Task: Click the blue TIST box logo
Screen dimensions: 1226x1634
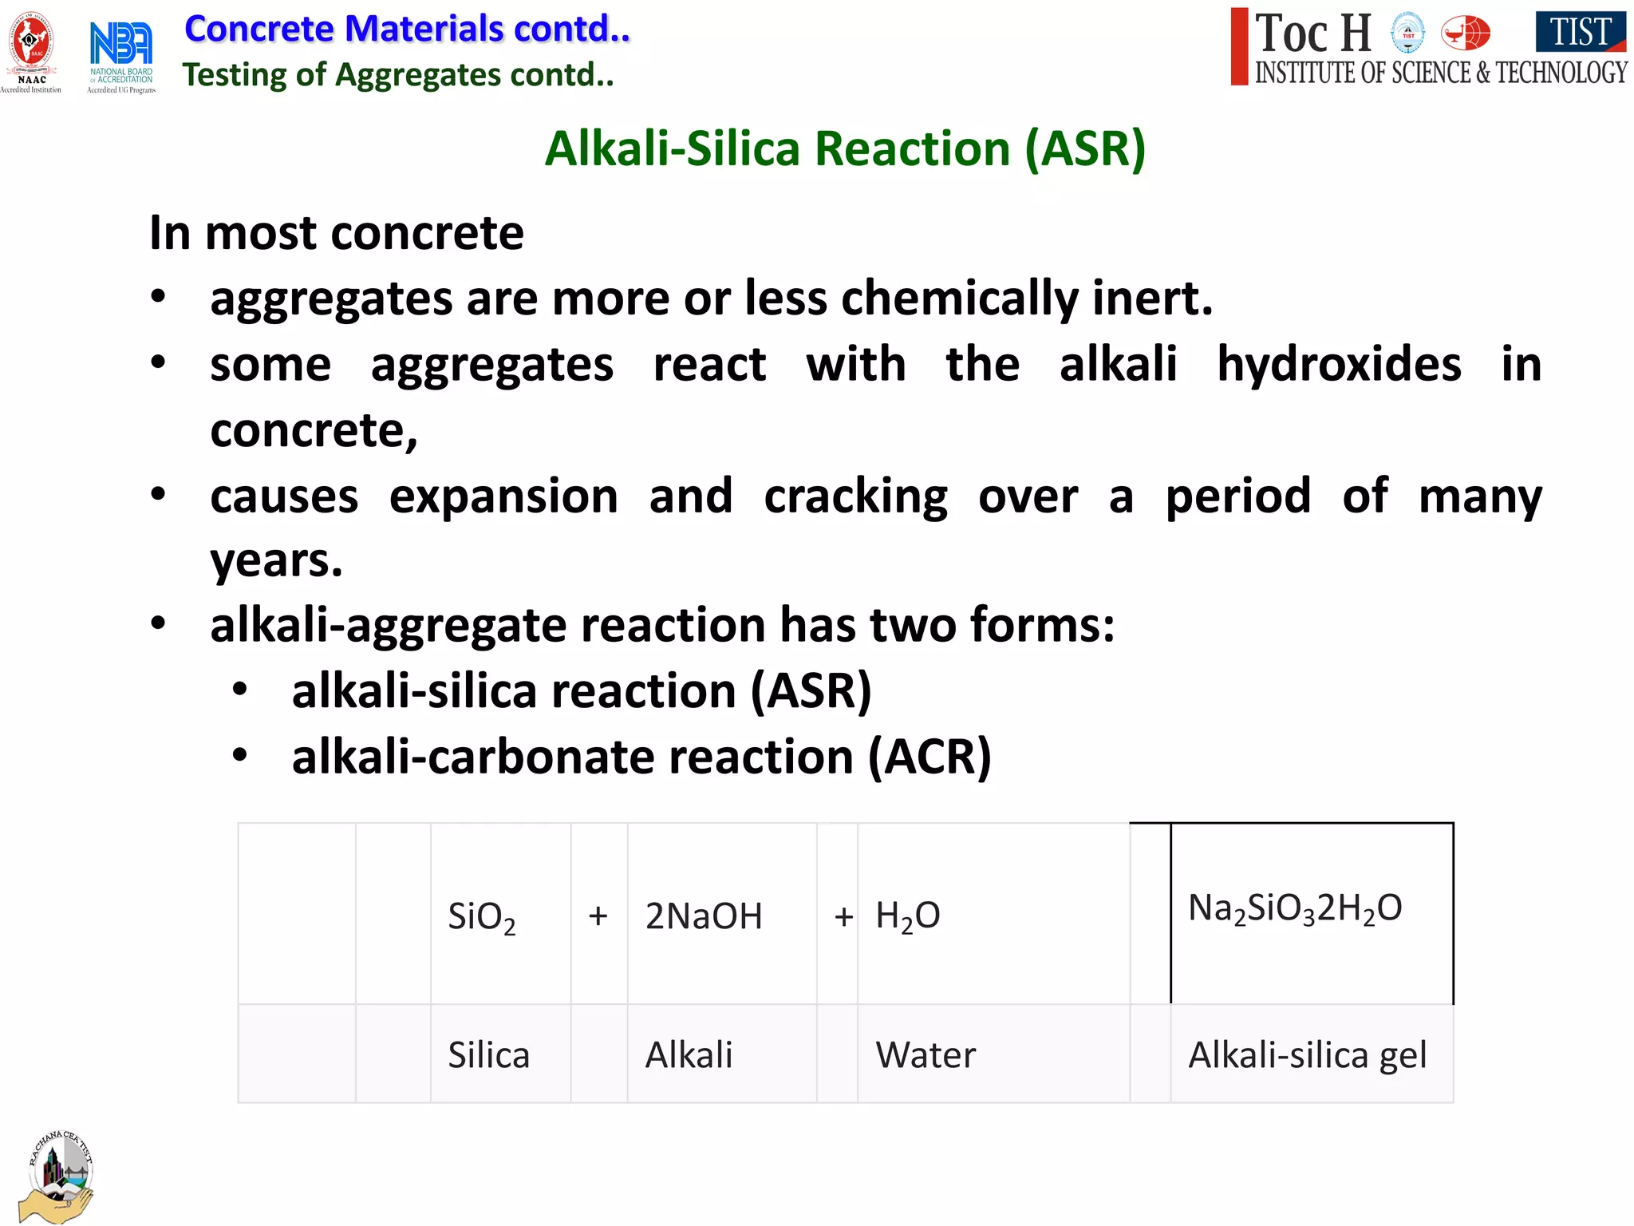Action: pos(1581,32)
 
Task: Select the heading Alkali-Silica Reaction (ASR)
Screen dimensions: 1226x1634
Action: pos(845,148)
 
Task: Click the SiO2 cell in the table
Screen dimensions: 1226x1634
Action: pos(481,916)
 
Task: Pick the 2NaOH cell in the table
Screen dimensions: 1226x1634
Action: pos(704,916)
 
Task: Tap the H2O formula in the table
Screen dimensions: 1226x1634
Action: pos(908,916)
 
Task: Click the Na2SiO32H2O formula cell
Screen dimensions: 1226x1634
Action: pos(1295,908)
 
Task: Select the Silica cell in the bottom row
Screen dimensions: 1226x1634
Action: pos(488,1055)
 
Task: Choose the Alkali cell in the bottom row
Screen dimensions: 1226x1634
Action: pos(689,1055)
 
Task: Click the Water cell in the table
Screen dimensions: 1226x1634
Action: pos(926,1055)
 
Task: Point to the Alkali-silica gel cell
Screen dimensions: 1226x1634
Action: pos(1307,1055)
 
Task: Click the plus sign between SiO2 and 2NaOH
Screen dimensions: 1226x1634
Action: pos(598,916)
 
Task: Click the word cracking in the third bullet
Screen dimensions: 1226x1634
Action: pos(855,496)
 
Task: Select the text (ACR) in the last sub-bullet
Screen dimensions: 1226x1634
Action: pos(929,757)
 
